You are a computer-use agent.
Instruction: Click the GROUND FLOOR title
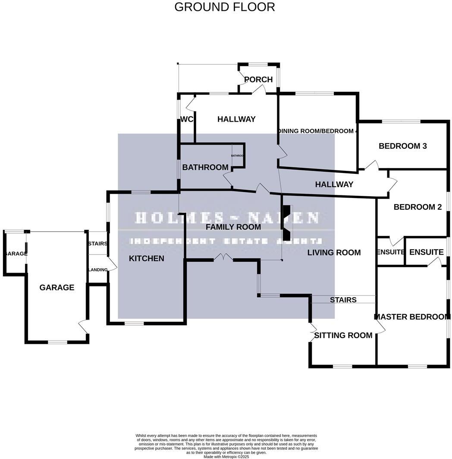(224, 7)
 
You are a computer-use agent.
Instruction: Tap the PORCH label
(258, 79)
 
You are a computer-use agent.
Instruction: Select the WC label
(186, 119)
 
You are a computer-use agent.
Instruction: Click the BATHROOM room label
(205, 167)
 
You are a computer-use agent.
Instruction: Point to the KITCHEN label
(147, 258)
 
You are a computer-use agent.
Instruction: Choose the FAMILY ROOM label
(233, 227)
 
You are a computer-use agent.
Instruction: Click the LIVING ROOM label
(334, 252)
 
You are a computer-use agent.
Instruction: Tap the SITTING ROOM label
(343, 335)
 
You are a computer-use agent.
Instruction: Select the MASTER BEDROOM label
(412, 317)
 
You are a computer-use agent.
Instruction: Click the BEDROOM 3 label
(402, 146)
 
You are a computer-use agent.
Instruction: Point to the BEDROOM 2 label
(417, 207)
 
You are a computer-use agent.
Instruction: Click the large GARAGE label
(57, 287)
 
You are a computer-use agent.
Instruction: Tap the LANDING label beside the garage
(98, 270)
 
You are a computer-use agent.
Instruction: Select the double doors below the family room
(223, 258)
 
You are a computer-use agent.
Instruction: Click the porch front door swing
(259, 89)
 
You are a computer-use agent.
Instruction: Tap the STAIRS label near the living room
(343, 299)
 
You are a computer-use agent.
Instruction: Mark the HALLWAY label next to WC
(236, 119)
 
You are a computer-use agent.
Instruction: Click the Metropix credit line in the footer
(226, 456)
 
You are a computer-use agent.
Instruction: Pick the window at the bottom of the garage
(57, 342)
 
